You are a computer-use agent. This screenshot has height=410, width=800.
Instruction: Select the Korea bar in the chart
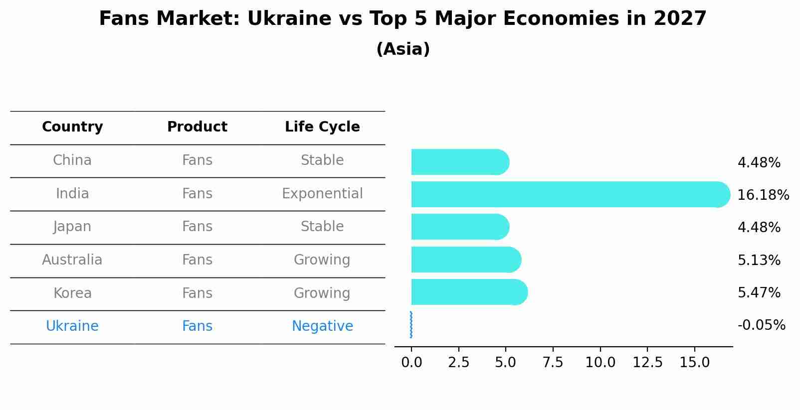tap(469, 292)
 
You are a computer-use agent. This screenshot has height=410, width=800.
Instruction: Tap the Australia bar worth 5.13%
tap(465, 260)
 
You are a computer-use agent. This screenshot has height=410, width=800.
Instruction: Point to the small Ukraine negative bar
tap(411, 325)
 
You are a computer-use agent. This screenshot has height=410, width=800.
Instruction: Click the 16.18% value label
tap(763, 195)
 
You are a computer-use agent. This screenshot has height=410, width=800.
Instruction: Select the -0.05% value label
tap(761, 325)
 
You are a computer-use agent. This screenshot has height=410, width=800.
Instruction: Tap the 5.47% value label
tap(759, 292)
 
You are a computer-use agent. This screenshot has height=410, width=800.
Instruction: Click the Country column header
tap(72, 127)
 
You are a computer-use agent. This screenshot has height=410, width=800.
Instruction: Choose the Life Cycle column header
tap(322, 127)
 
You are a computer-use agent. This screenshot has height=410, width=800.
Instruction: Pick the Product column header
tap(197, 127)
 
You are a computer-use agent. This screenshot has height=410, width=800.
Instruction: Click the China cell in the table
tap(72, 160)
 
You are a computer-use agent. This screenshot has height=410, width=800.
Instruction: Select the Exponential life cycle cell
tap(322, 193)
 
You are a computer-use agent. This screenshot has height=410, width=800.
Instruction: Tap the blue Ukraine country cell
tap(72, 326)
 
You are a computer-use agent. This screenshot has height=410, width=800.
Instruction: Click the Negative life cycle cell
tap(322, 326)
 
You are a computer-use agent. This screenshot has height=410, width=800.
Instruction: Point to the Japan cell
tap(72, 227)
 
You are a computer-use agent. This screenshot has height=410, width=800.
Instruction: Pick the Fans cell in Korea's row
tap(197, 293)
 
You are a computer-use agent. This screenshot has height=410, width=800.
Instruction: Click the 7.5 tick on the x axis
tap(553, 362)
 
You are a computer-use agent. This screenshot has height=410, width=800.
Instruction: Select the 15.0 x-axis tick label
tap(694, 362)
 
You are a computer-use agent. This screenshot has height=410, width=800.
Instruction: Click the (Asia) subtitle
tap(403, 49)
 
